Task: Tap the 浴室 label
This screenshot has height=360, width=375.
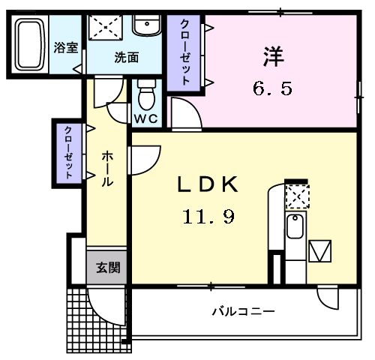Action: [64, 47]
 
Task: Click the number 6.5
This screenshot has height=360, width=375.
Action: [271, 88]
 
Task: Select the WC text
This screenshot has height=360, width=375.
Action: [145, 119]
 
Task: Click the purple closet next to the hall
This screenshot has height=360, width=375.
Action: [69, 151]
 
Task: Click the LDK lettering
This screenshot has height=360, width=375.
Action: [207, 184]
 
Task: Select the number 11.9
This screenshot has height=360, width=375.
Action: [208, 217]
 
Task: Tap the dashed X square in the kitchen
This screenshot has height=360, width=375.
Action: [297, 197]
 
